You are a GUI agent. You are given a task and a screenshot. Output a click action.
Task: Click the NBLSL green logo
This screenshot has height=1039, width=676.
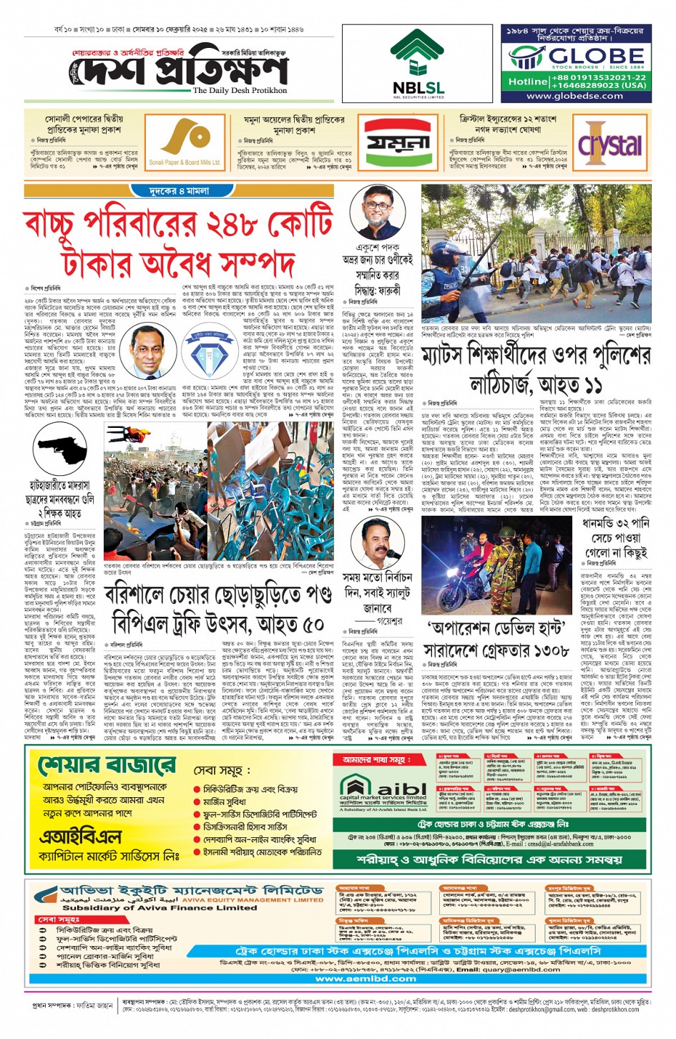[418, 55]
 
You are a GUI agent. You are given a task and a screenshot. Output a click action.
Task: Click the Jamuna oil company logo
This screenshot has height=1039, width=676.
[398, 142]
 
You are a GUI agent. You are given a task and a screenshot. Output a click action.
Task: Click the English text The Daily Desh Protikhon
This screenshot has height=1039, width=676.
[240, 91]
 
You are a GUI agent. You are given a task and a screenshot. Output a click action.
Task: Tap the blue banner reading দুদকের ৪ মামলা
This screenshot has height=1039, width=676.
[179, 191]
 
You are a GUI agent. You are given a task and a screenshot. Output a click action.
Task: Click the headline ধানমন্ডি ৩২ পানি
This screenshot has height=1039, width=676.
[615, 524]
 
